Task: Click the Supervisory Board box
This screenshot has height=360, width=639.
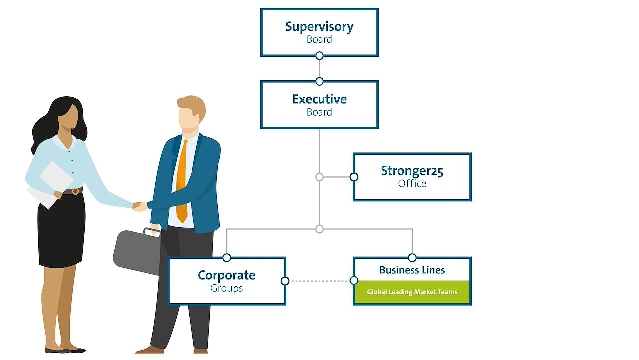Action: pos(319,32)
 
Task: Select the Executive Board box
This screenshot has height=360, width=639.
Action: pos(319,105)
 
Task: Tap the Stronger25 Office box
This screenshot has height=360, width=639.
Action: pos(412,177)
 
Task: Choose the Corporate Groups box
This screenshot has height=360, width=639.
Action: pos(227,281)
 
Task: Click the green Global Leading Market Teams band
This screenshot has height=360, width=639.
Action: pos(412,292)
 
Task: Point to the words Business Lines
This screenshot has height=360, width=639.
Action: pos(412,270)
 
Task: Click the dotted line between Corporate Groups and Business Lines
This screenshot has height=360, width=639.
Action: pos(319,281)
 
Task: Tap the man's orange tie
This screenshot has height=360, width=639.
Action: pos(182,180)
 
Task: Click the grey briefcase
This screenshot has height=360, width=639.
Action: pos(135,252)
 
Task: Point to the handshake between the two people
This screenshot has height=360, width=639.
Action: pos(139,206)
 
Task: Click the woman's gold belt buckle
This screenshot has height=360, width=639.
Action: pos(75,191)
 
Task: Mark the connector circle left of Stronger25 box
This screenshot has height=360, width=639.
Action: pos(354,177)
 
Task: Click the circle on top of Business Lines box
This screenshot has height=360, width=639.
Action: pos(412,258)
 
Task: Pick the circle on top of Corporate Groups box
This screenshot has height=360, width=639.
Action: pos(227,258)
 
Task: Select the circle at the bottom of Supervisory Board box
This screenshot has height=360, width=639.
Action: pos(319,56)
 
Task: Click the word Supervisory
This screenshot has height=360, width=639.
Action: pos(319,26)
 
